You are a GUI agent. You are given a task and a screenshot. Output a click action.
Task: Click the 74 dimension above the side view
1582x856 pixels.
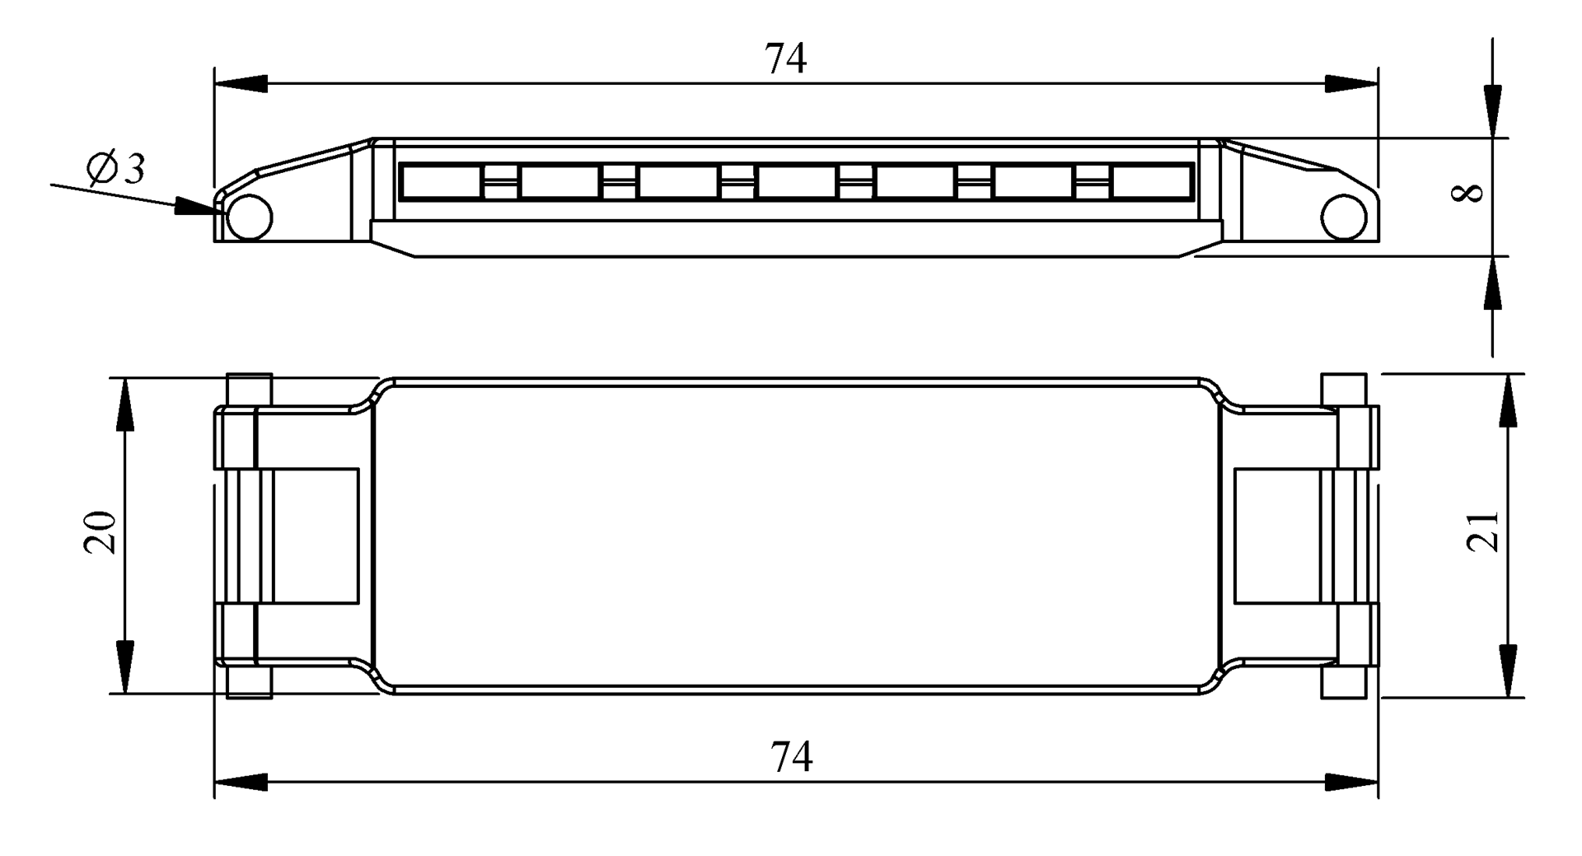(x=785, y=58)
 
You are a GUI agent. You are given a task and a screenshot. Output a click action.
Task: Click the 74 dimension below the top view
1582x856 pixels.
(x=791, y=756)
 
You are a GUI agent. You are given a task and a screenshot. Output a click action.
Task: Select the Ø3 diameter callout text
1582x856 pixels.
(x=115, y=169)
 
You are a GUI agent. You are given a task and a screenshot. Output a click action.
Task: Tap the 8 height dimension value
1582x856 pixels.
(x=1467, y=193)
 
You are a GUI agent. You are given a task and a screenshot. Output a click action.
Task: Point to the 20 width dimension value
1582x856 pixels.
(x=101, y=532)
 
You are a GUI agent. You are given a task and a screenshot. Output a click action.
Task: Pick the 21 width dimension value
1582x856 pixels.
(x=1484, y=531)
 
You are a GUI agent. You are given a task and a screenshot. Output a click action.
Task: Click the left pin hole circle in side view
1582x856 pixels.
(x=249, y=218)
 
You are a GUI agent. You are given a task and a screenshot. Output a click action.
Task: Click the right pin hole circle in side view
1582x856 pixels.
(x=1343, y=218)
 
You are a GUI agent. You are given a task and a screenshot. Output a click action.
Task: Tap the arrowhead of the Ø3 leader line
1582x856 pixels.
(x=196, y=207)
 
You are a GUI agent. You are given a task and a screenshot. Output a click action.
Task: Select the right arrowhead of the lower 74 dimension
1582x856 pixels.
(x=1351, y=782)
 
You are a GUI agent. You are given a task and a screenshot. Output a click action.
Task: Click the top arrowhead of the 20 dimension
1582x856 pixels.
(x=124, y=405)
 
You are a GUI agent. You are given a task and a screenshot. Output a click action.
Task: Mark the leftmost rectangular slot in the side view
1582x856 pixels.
(x=440, y=181)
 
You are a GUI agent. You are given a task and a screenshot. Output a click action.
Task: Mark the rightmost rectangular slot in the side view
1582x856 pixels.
(x=1151, y=181)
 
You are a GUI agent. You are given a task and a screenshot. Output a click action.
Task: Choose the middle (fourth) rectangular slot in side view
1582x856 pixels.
(x=796, y=181)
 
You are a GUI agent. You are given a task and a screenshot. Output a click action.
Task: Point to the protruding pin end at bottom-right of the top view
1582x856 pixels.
(x=1344, y=683)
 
